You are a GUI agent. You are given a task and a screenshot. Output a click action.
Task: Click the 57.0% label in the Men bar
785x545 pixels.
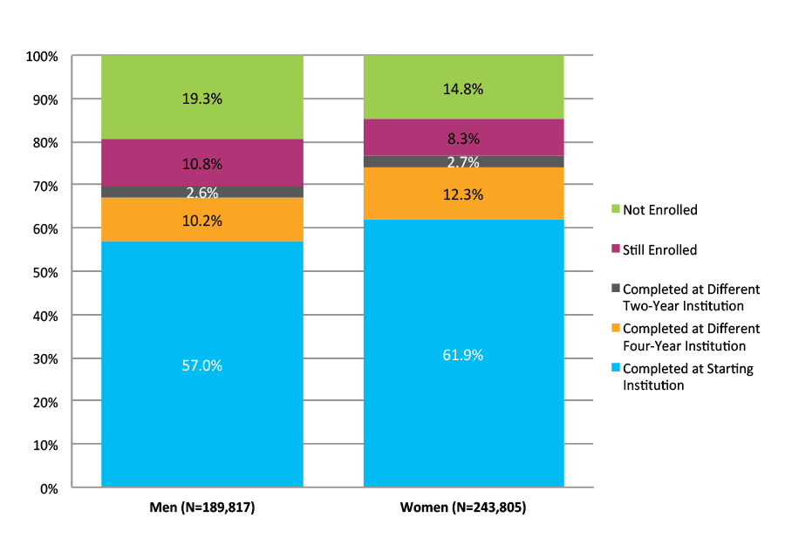[x=201, y=365]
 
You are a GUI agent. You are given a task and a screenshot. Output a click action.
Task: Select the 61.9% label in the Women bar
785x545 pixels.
[x=463, y=355]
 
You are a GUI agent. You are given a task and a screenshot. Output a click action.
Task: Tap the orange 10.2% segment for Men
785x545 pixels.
[x=201, y=221]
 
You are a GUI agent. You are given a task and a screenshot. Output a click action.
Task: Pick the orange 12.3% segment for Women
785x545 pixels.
[x=463, y=194]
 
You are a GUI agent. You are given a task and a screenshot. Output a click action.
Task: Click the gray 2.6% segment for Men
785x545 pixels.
[x=201, y=192]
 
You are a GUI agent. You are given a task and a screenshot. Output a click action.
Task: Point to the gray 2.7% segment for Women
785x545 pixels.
[x=463, y=161]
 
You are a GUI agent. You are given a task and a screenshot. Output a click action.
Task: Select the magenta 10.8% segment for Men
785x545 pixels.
[x=201, y=163]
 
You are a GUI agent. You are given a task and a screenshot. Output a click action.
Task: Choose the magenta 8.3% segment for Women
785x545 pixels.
[x=463, y=137]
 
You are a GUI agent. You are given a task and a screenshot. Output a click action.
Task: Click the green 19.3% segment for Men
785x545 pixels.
[x=201, y=99]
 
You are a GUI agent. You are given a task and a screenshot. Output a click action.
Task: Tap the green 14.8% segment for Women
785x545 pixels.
[x=463, y=88]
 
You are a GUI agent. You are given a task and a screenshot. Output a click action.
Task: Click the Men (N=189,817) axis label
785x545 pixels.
[x=201, y=508]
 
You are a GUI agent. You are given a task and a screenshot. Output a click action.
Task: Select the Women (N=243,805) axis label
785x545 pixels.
[x=463, y=508]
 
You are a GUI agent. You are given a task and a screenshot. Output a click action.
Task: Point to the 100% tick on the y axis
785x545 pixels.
[x=42, y=57]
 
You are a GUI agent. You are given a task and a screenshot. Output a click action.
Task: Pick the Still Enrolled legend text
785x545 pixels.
[x=659, y=250]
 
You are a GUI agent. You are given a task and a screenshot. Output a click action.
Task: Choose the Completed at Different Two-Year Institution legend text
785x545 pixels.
[x=691, y=297]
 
